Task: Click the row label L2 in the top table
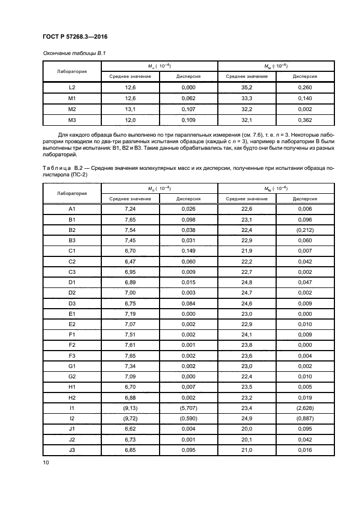point(72,87)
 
